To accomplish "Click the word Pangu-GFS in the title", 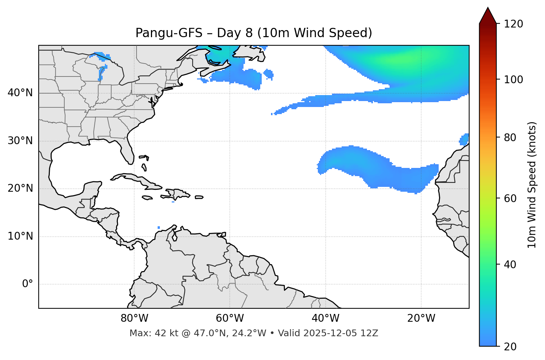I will (x=169, y=33).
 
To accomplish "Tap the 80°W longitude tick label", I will (x=134, y=318).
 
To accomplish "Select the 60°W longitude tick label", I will (x=230, y=318).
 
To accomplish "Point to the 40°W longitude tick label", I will (x=325, y=318).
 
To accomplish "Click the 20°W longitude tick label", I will (x=421, y=318).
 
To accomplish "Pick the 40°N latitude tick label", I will (x=20, y=93).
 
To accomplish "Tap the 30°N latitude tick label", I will (x=20, y=141).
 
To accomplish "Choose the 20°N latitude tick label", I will (x=20, y=188).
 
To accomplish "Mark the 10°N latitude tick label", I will (x=20, y=236).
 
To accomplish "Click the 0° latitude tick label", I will (x=28, y=284).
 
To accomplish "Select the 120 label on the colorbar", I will (x=514, y=24).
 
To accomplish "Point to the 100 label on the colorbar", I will (x=514, y=80).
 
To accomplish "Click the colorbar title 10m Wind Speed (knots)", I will (x=532, y=185).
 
